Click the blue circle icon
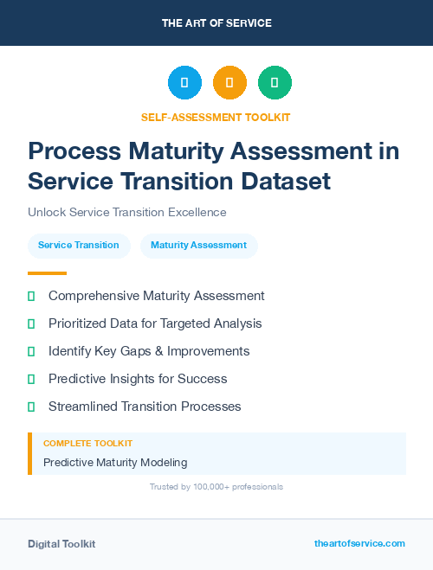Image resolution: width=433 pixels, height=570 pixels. pos(184,83)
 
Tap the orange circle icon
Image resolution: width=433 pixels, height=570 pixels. pos(229,83)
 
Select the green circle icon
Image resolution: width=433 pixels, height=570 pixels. pos(275,83)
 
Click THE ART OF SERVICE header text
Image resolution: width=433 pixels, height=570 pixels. pos(216,23)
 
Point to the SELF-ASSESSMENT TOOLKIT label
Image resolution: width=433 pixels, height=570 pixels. pos(216,117)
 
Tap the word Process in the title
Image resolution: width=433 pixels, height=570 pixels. pos(74,151)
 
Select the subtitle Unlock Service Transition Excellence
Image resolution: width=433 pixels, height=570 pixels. pos(126,212)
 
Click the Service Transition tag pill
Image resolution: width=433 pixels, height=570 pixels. pos(79,246)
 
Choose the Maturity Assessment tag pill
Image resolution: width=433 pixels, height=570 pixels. pos(198,246)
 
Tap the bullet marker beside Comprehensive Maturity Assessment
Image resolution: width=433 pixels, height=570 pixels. pos(31,296)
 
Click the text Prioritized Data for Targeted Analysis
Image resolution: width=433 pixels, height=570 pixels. pos(155,323)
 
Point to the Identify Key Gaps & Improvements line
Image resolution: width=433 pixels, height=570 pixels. pos(149,351)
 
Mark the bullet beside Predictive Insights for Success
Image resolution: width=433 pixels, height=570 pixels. pos(31,379)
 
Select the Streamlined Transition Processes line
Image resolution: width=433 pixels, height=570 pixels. pos(145,407)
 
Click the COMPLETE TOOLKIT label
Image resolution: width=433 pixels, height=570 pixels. pos(87,444)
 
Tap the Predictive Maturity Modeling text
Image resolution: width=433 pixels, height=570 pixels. pos(115,463)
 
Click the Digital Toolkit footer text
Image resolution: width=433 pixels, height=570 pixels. pos(61,544)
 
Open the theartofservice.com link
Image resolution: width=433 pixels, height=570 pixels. pos(359,543)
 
